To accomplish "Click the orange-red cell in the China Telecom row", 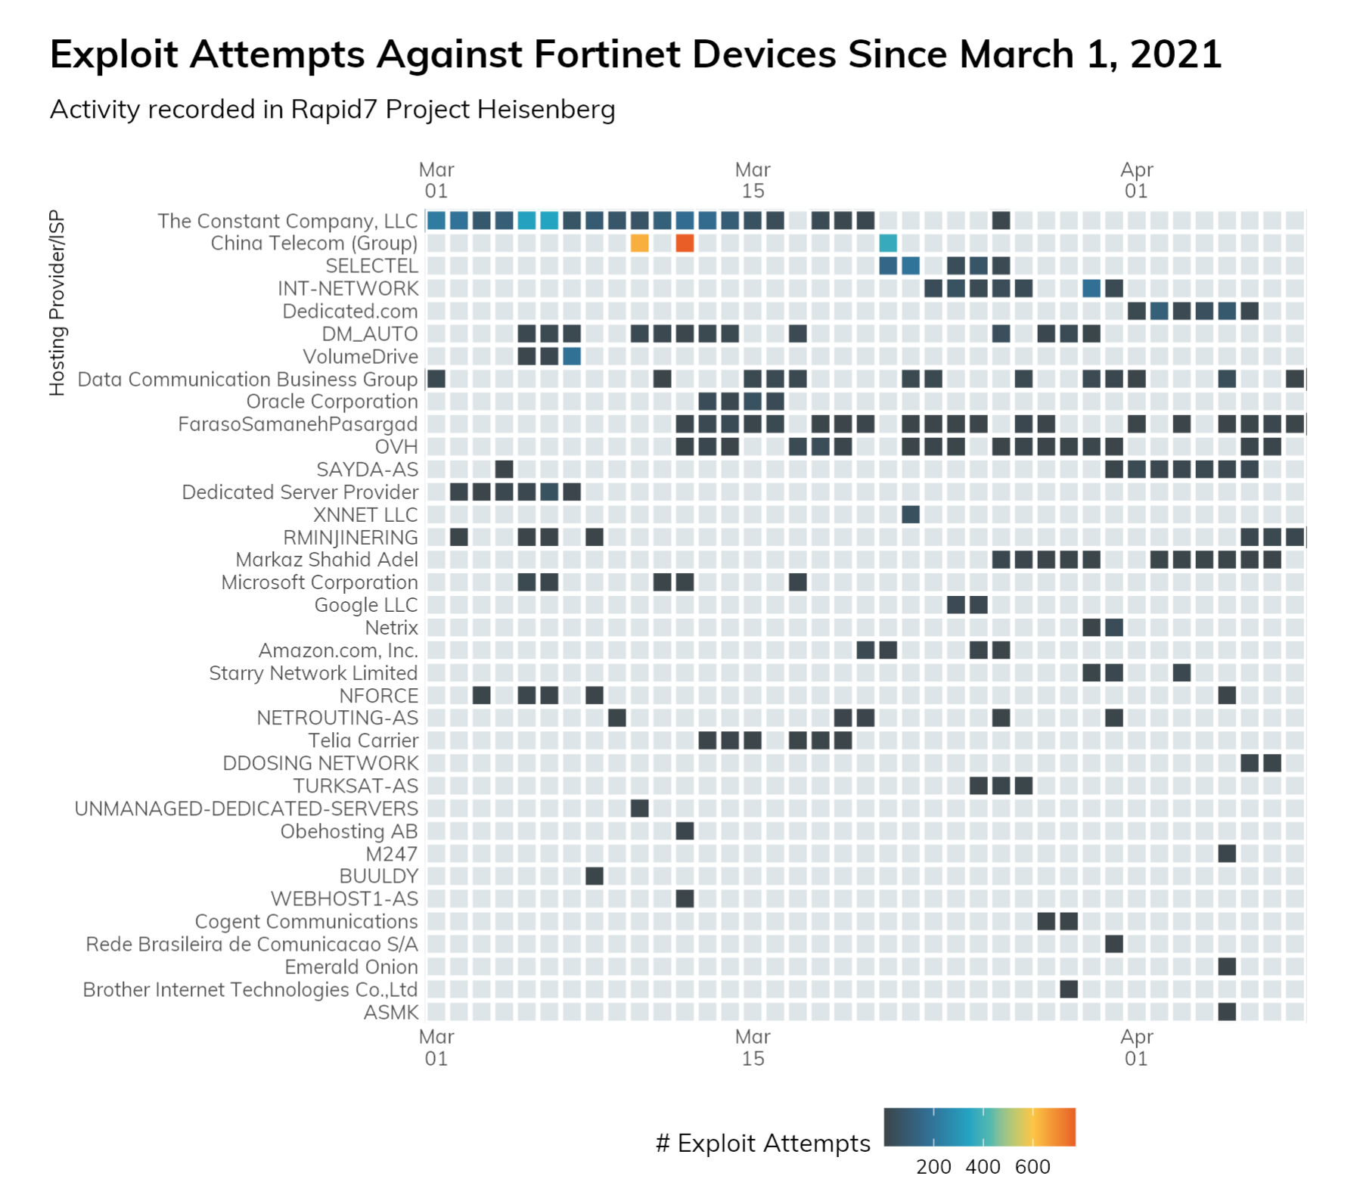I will point(685,243).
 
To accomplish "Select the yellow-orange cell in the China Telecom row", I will point(639,243).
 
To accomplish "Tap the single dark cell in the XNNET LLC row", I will point(911,514).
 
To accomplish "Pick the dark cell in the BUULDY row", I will point(595,876).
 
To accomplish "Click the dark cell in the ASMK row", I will point(1227,1011).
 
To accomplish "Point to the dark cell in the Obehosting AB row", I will point(685,831).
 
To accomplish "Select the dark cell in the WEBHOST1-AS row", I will point(685,898).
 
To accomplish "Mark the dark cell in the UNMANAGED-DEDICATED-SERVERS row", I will point(639,808).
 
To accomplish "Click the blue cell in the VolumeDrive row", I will point(572,356).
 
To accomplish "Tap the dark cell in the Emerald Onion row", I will point(1227,967).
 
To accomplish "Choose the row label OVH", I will point(396,447).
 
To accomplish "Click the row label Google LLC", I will point(366,605).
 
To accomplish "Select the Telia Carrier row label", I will point(363,740).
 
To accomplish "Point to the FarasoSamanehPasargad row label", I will point(298,424).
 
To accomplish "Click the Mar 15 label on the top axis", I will point(753,180).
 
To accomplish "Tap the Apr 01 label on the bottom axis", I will point(1136,1047).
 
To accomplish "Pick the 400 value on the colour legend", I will point(983,1167).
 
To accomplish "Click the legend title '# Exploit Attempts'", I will point(762,1144).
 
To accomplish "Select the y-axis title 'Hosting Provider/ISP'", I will point(57,303).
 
